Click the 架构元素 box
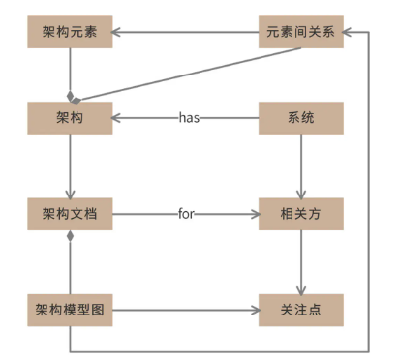pyautogui.click(x=70, y=33)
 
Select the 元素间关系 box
pyautogui.click(x=300, y=33)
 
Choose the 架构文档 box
pyautogui.click(x=70, y=213)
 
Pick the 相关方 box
pyautogui.click(x=300, y=213)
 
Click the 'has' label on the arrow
pyautogui.click(x=188, y=118)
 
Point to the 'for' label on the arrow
pyautogui.click(x=187, y=213)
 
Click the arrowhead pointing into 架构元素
pyautogui.click(x=118, y=33)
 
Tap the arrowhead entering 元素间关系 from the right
pyautogui.click(x=351, y=33)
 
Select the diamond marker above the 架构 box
pyautogui.click(x=71, y=97)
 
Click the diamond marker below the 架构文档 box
pyautogui.click(x=71, y=235)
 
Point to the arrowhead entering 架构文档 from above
pyautogui.click(x=71, y=192)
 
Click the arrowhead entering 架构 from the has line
pyautogui.click(x=118, y=118)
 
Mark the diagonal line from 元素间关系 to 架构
pyautogui.click(x=184, y=74)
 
